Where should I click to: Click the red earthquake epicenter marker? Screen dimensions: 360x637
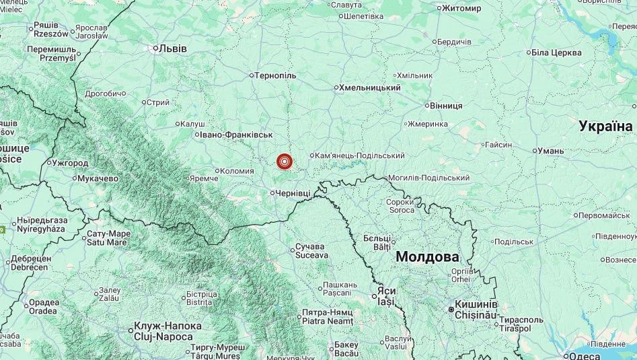point(285,161)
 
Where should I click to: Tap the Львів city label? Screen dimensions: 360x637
point(171,48)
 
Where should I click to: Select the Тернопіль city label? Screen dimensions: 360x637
point(276,75)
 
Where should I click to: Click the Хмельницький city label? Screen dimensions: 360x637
point(370,87)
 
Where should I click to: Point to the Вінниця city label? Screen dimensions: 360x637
point(446,106)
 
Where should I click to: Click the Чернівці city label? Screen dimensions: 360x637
point(293,193)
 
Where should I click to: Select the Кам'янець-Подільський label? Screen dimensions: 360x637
point(360,155)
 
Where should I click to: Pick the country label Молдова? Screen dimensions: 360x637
point(427,256)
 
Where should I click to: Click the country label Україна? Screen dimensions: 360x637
point(605,126)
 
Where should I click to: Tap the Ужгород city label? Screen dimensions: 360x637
point(70,163)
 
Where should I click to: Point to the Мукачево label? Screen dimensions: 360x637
point(98,178)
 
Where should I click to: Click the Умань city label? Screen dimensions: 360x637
point(551,151)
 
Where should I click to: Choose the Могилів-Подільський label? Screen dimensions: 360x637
point(428,178)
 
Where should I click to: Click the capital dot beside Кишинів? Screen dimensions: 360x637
point(451,309)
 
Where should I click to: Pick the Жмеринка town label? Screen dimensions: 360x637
point(428,124)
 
